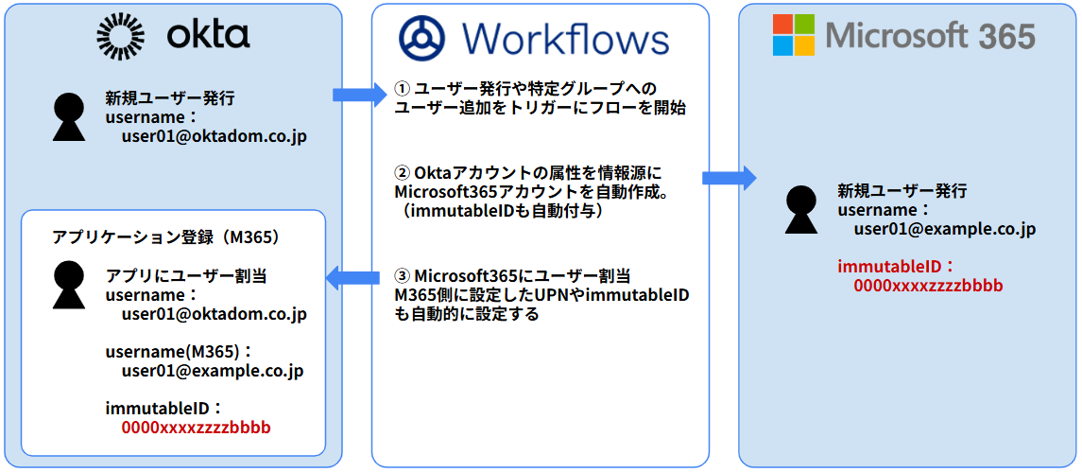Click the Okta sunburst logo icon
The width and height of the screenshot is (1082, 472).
click(121, 36)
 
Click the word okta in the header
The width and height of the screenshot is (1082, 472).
click(208, 35)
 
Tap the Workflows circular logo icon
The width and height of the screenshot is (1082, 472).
click(421, 39)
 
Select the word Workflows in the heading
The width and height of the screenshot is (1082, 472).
click(565, 39)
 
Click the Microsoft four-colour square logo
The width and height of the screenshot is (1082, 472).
click(793, 36)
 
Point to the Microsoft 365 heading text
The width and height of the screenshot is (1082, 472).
click(931, 36)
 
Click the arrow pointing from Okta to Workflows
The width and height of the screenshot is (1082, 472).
click(359, 94)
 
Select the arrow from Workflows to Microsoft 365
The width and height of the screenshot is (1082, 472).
click(729, 178)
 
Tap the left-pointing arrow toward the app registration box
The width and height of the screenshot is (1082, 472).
click(352, 277)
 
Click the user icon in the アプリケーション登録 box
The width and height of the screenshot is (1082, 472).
click(72, 285)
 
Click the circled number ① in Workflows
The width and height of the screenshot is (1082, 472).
click(403, 89)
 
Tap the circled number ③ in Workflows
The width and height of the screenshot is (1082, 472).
click(403, 276)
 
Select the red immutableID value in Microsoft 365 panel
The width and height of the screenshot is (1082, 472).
click(928, 286)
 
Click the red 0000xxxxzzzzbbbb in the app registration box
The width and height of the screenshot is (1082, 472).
click(196, 428)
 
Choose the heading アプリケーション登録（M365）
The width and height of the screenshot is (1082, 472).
click(166, 236)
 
